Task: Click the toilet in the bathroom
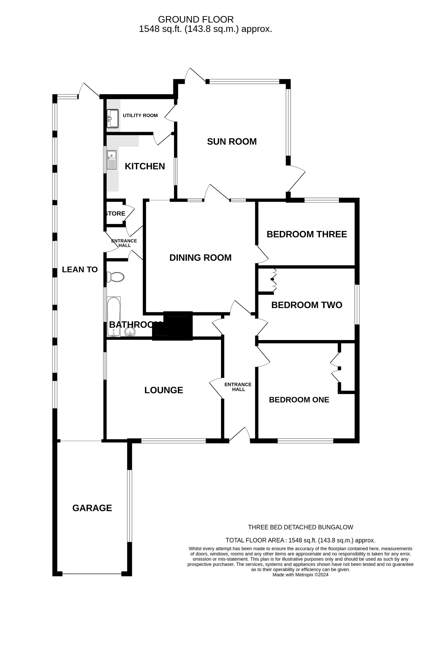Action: click(116, 277)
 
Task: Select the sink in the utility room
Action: click(112, 118)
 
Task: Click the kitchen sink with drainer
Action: click(111, 160)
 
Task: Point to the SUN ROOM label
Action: click(232, 141)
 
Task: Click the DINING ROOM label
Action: click(200, 257)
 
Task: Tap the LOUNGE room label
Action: click(163, 390)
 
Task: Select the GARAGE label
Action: click(92, 508)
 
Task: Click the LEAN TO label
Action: click(80, 269)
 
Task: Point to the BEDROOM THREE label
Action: click(306, 234)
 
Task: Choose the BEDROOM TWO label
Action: click(306, 305)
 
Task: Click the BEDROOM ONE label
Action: click(299, 400)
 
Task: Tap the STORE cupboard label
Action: click(115, 213)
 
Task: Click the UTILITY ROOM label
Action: click(140, 115)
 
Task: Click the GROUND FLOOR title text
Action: click(196, 19)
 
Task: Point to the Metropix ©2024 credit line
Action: click(300, 584)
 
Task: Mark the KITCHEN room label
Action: click(145, 166)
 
